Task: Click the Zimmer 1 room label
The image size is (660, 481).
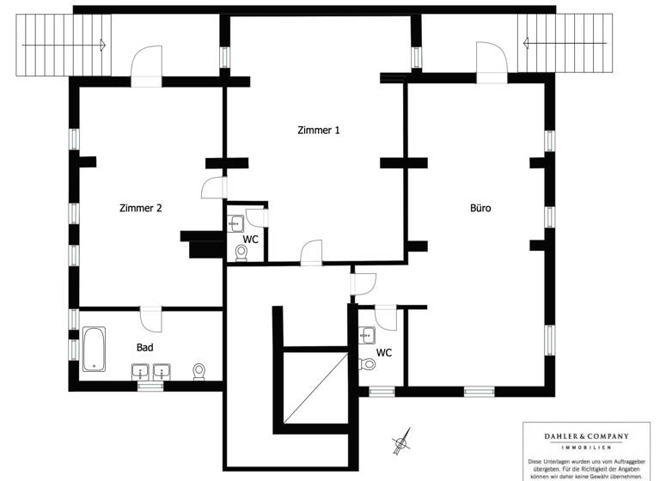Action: pos(319,131)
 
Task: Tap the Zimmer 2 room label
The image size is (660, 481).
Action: pos(141,208)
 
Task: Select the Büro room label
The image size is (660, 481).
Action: pos(480,208)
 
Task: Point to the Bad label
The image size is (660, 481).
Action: pos(145,348)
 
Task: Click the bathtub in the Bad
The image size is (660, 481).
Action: pos(94,349)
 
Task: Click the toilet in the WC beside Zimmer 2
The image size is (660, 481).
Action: pos(241,253)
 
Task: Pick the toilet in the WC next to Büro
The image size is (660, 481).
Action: pos(370,364)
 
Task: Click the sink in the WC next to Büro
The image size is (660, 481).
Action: pos(368,336)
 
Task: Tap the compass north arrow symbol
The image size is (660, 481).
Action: pos(400,443)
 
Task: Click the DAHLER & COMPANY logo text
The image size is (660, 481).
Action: pos(577,436)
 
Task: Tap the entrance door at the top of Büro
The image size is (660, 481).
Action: pos(492,65)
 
